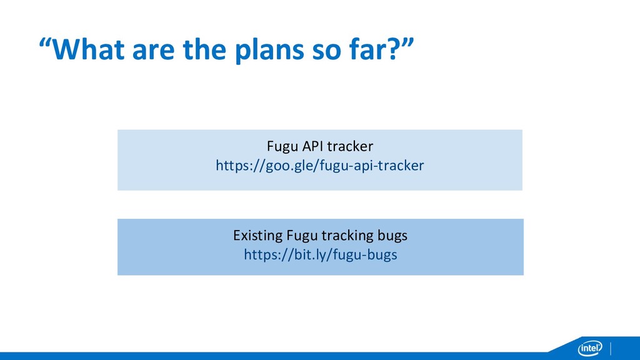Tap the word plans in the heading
point(270,50)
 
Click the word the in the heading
point(205,49)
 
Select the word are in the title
point(154,52)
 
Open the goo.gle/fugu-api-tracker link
point(320,166)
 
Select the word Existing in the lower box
point(257,236)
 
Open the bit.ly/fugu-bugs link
point(321,255)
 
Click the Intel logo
point(590,348)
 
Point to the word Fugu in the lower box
point(302,236)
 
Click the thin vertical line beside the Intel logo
point(611,349)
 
